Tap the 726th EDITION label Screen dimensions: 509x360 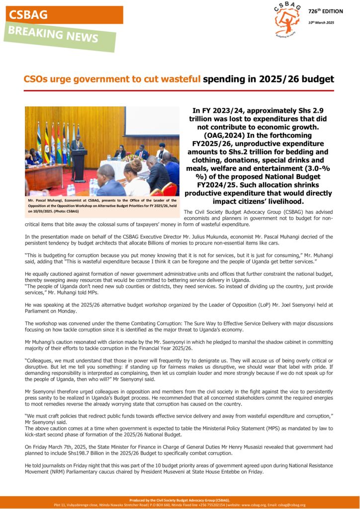[326, 11]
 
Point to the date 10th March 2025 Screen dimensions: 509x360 [321, 23]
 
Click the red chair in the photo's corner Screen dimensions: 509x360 [170, 189]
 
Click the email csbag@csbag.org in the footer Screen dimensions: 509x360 [293, 505]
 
